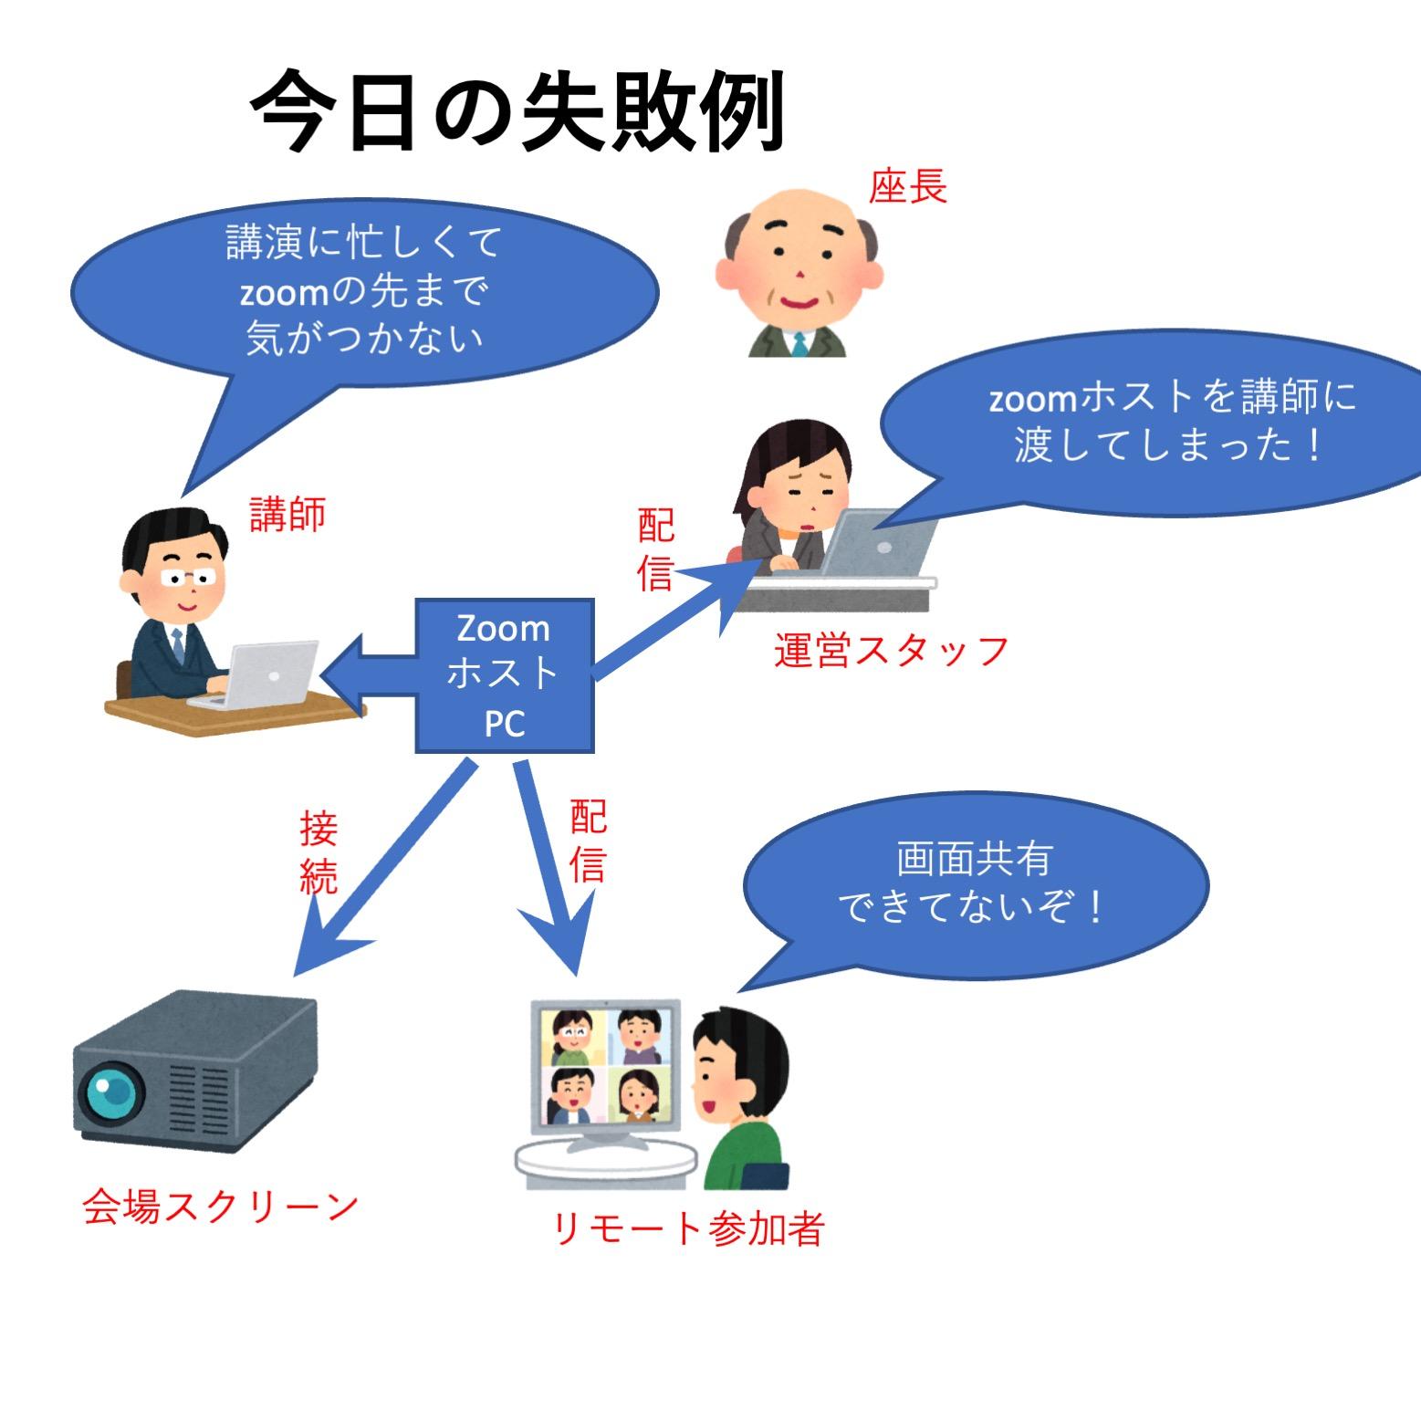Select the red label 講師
[x=287, y=516]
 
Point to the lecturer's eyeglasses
[x=189, y=578]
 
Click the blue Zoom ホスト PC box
[x=505, y=675]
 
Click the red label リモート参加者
[x=689, y=1228]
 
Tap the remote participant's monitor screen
[x=605, y=1065]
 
